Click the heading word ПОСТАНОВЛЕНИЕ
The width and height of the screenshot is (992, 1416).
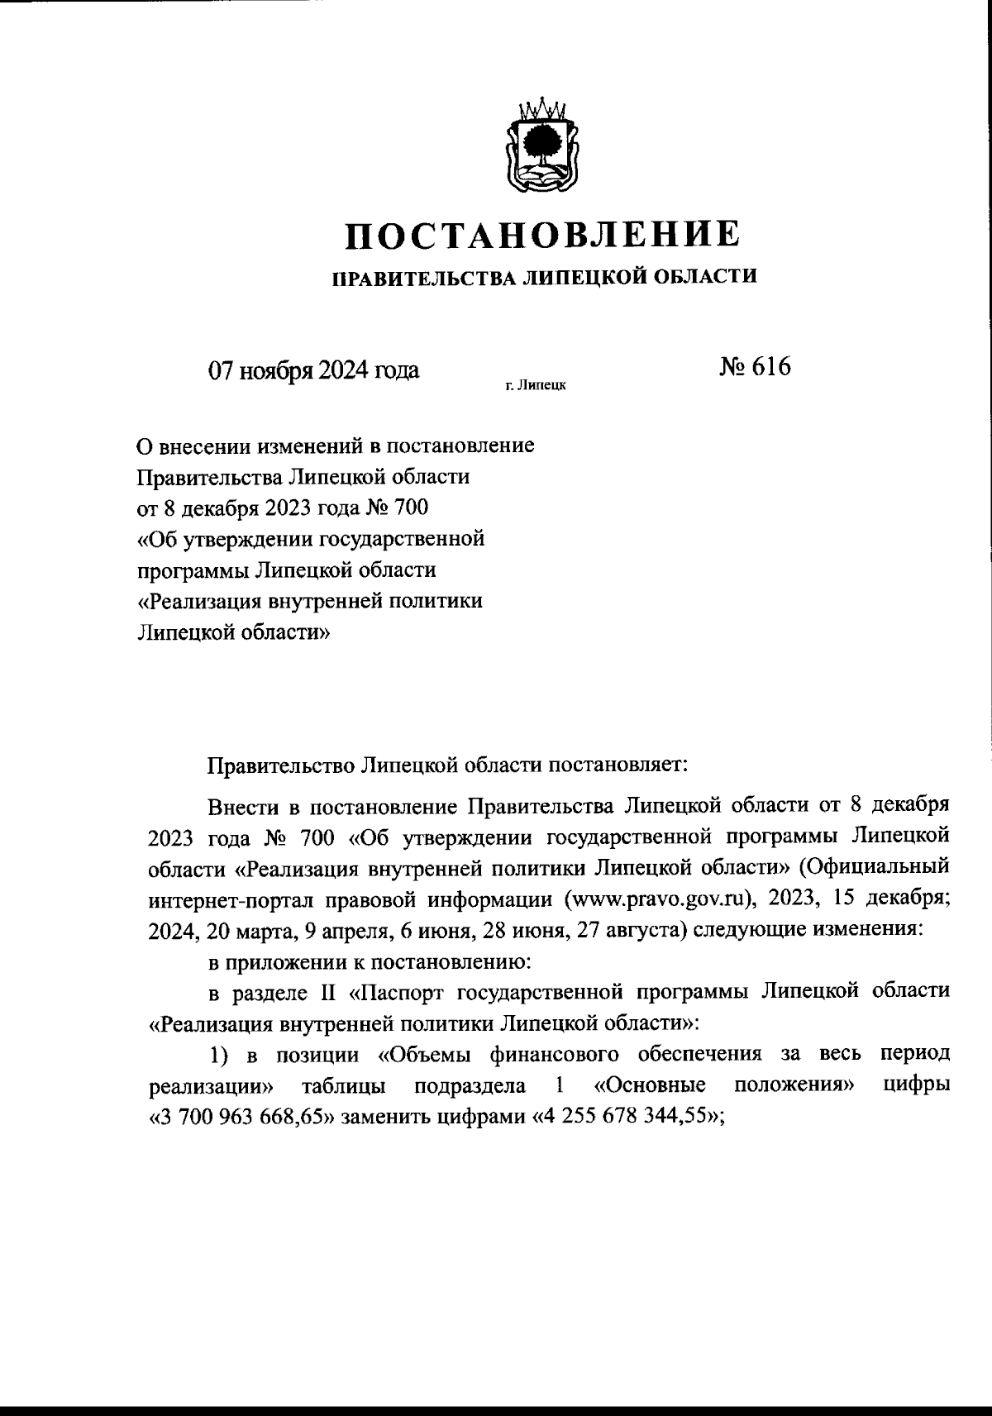(543, 234)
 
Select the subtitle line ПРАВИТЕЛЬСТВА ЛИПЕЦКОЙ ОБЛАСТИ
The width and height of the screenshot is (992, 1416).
(544, 277)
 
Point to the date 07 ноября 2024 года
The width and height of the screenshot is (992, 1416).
(313, 369)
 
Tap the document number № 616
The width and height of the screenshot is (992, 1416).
(756, 365)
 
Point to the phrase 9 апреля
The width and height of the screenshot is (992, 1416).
(348, 929)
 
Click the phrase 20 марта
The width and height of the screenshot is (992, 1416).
(250, 929)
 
